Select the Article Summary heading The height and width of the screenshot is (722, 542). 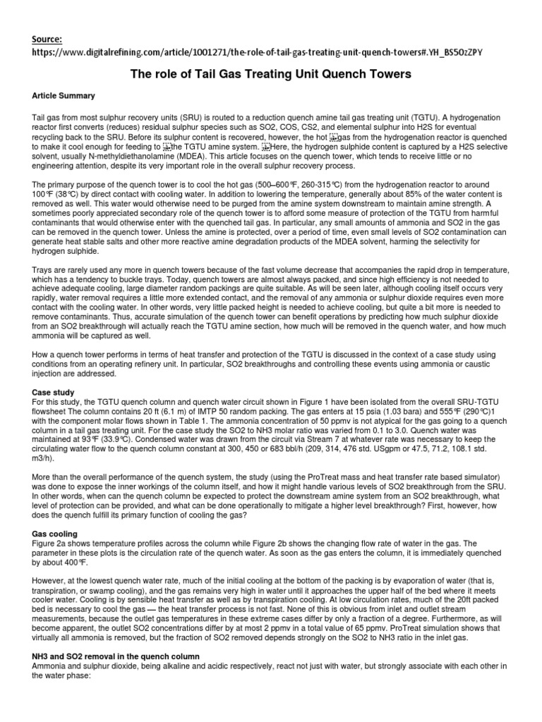click(64, 94)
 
